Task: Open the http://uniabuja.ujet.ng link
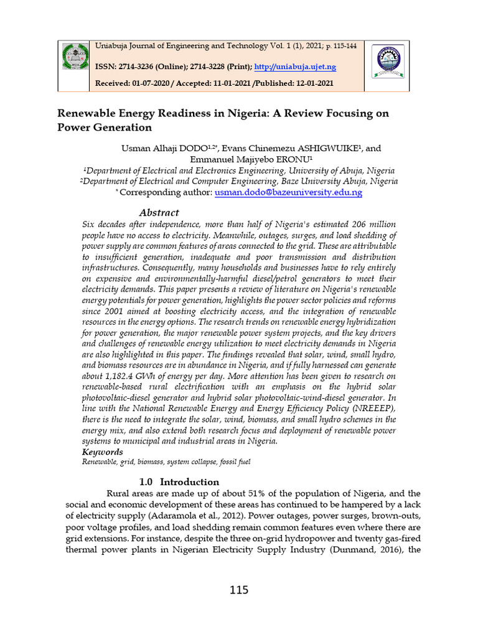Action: (306, 67)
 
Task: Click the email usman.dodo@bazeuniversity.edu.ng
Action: (288, 193)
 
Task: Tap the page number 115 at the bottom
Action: (238, 590)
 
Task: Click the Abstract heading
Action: (159, 212)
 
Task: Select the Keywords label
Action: (103, 452)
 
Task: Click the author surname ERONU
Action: (291, 159)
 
